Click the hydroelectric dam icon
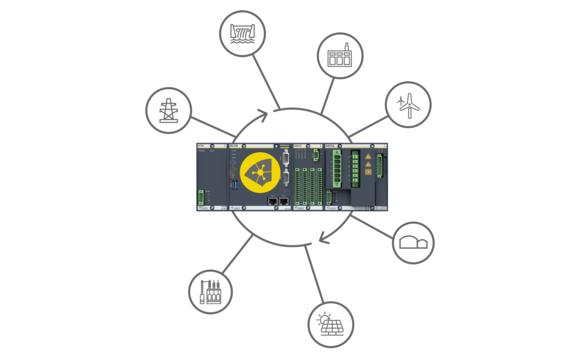coord(242,34)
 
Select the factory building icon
coord(340,55)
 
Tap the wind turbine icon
coord(408,104)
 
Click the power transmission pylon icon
coord(168,110)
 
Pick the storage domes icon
coord(413,242)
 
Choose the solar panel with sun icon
coord(331,324)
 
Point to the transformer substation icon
coord(210,292)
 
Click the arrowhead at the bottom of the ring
coord(321,238)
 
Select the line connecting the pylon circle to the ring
coord(212,128)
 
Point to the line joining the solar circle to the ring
coord(312,273)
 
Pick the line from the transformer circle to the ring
coord(237,254)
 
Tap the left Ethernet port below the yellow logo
coord(273,201)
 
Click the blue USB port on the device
coord(234,184)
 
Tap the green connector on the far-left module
coord(201,197)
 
